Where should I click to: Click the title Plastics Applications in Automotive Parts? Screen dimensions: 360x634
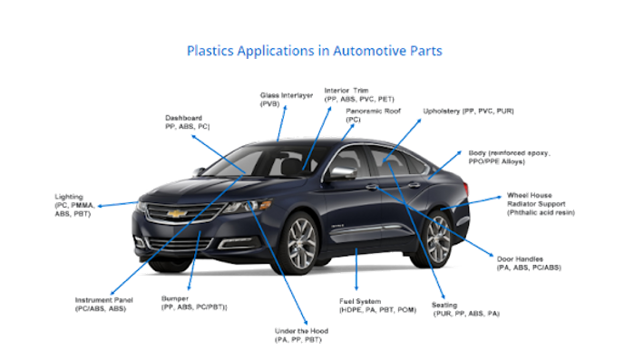(314, 50)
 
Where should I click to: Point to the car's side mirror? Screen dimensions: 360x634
(342, 172)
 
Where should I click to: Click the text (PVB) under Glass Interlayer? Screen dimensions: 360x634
(270, 104)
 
